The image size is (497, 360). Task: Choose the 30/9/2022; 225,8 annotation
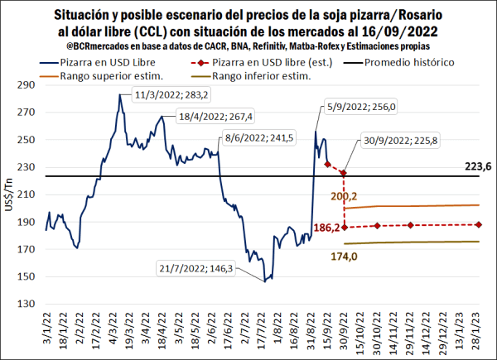tap(398, 141)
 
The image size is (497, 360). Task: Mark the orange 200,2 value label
tap(345, 196)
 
